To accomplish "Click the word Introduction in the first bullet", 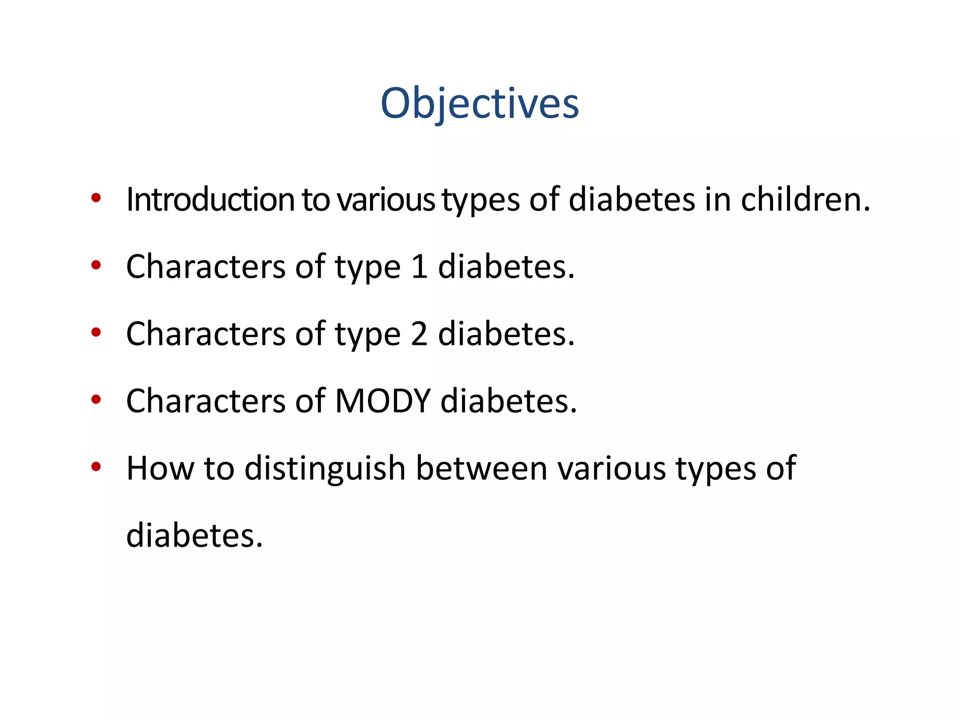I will [210, 200].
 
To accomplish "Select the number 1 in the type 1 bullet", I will [419, 267].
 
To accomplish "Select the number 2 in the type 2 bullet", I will [419, 334].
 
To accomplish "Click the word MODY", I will [383, 401].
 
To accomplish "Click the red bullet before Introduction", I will [96, 198].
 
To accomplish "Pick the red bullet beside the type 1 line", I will [96, 265].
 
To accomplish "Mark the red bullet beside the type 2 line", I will [96, 332].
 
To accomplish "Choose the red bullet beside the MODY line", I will [96, 400].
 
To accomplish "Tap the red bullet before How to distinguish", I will [96, 467].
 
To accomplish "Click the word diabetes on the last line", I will [194, 535].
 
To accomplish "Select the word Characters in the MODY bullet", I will [206, 401].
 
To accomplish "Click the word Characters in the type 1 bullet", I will [206, 267].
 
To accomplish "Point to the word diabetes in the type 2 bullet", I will [506, 334].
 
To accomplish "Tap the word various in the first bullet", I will [386, 200].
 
